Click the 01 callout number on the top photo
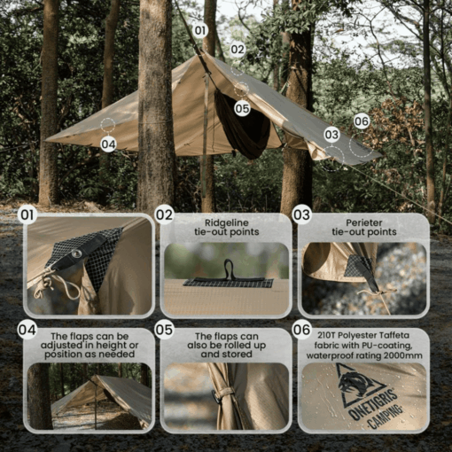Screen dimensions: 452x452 (x=200, y=30)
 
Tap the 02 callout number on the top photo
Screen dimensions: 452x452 (x=238, y=50)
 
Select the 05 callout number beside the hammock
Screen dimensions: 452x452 (x=242, y=109)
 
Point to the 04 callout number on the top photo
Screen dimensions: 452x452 (x=108, y=144)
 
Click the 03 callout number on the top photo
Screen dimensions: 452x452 (x=331, y=135)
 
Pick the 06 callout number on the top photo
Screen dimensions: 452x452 (x=362, y=121)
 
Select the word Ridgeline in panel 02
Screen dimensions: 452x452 (x=227, y=222)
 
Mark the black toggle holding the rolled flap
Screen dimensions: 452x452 (x=214, y=397)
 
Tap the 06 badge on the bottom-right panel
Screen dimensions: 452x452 (x=301, y=330)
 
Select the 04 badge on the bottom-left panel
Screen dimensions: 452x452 (x=27, y=330)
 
